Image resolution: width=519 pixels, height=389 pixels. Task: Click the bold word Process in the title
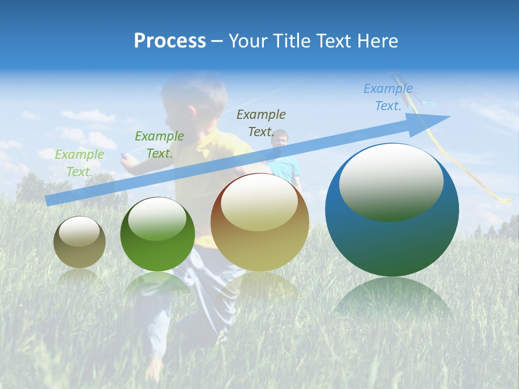[x=170, y=41]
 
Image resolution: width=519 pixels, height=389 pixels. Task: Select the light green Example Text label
[x=79, y=163]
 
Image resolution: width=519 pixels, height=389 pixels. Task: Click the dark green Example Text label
[x=159, y=144]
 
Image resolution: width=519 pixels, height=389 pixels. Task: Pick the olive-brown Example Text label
[x=261, y=123]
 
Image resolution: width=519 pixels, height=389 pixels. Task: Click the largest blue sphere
[x=392, y=238]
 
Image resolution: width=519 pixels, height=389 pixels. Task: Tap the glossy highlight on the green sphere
[x=157, y=219]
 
